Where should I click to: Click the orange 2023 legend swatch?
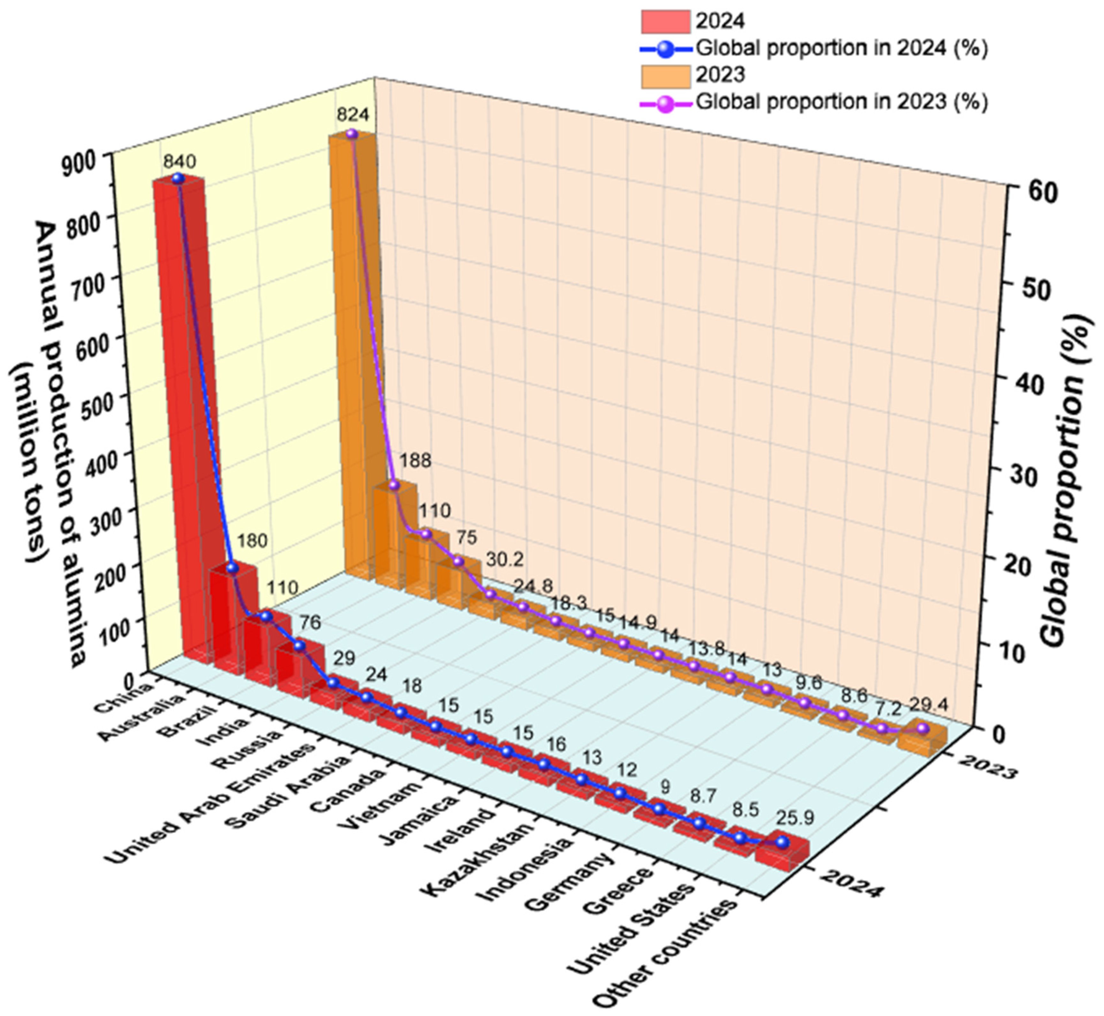pos(665,75)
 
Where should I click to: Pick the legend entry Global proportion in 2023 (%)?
pos(841,102)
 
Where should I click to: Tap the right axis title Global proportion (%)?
pos(1064,478)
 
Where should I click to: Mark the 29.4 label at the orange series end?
pos(929,704)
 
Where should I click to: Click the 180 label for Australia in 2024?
pos(252,541)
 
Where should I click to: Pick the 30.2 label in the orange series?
pos(505,560)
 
